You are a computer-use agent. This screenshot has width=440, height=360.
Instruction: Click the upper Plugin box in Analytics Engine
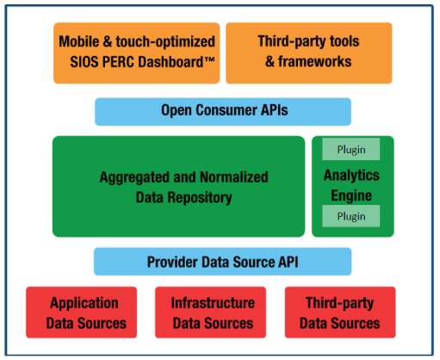tap(350, 149)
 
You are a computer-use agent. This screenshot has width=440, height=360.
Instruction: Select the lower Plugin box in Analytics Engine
tap(350, 216)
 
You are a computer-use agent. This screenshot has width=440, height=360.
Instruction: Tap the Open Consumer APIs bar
tap(223, 112)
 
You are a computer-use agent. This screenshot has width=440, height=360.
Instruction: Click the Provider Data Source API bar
tap(223, 262)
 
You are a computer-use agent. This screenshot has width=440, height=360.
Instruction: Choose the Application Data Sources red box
tap(81, 313)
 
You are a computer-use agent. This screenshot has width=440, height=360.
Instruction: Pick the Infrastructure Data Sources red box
tap(210, 313)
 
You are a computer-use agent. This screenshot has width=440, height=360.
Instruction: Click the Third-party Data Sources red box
tap(340, 313)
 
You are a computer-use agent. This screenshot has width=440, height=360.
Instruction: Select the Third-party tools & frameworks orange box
tap(309, 53)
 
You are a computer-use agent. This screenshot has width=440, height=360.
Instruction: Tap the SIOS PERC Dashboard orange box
tap(137, 53)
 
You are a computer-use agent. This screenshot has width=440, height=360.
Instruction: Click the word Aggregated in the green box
tap(134, 177)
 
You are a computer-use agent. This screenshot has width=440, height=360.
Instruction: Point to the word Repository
tap(200, 198)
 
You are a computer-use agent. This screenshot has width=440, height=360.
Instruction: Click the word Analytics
tap(351, 175)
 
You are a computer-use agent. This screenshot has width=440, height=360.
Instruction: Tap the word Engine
tap(351, 196)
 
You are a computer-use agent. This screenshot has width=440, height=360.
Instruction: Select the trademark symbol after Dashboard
tap(209, 59)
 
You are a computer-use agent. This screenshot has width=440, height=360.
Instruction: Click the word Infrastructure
tap(213, 303)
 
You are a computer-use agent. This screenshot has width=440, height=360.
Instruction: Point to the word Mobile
tap(79, 41)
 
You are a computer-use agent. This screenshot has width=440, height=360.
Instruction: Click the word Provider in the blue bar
tap(172, 262)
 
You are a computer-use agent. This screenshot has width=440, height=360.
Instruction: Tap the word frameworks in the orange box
tap(315, 61)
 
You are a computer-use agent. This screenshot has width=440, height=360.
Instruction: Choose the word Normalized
tap(234, 177)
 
